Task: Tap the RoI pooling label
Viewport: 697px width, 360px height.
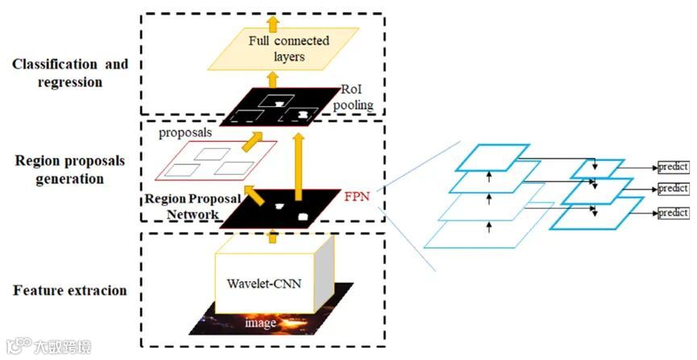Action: (358, 97)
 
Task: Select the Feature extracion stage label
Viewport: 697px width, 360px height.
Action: (70, 290)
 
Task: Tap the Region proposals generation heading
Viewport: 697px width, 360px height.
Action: (70, 169)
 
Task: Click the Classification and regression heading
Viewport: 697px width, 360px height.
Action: (70, 72)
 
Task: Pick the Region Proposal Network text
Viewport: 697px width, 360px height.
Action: (184, 206)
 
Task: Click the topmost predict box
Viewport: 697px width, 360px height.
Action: (673, 167)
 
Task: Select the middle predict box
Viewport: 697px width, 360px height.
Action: (673, 188)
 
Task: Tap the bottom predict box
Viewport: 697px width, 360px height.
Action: (673, 213)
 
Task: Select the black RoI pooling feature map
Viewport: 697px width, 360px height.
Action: (278, 109)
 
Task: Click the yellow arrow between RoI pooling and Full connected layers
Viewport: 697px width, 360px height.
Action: (272, 79)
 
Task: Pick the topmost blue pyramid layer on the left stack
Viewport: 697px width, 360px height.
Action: (492, 158)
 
